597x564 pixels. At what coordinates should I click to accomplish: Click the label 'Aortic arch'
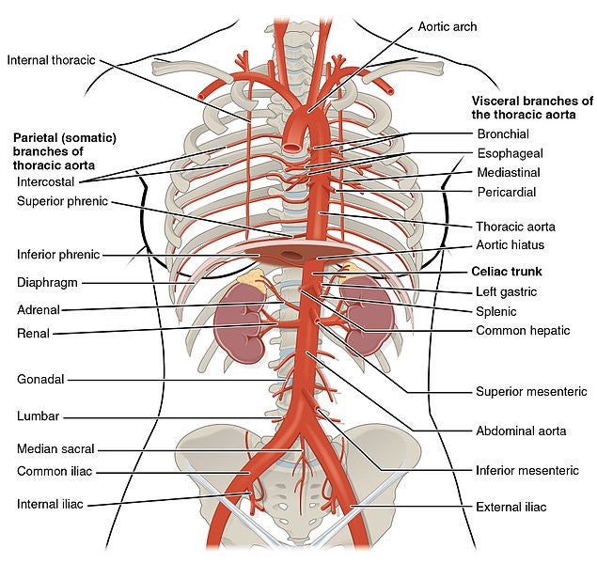[448, 26]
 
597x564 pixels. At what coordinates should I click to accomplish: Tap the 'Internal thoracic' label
[51, 60]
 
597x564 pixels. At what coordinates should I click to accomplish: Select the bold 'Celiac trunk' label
[507, 272]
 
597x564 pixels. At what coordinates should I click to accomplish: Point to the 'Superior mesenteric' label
[531, 392]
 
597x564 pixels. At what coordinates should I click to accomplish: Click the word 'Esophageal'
[511, 153]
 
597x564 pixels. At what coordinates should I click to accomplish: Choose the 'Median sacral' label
[55, 448]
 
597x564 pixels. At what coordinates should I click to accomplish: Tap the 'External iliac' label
[511, 507]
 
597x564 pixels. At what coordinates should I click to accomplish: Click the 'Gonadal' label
[40, 380]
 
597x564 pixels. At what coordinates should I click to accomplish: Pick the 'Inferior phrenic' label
[58, 254]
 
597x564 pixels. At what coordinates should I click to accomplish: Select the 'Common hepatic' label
[523, 330]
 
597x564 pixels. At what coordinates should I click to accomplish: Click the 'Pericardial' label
[507, 192]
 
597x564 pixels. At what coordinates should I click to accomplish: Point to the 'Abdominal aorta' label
[521, 431]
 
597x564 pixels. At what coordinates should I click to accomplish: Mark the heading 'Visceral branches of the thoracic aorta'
[532, 108]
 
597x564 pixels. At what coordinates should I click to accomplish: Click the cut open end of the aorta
[292, 148]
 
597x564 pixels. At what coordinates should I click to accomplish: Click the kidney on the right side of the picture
[368, 314]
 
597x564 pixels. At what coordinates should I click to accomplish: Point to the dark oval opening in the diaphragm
[291, 256]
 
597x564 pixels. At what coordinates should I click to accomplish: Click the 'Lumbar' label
[38, 416]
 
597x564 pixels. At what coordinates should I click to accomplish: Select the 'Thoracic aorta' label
[515, 227]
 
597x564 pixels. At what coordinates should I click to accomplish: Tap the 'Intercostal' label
[46, 182]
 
